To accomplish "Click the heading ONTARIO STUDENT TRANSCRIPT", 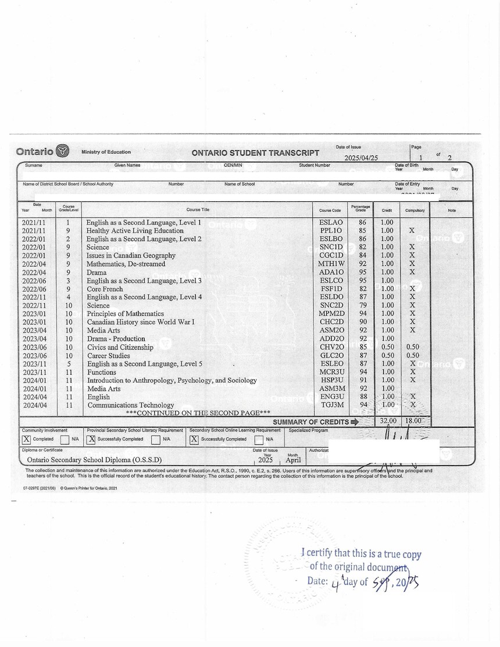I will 255,153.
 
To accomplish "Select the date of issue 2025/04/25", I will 361,158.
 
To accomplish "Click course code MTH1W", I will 331,264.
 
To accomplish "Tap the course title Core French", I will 105,289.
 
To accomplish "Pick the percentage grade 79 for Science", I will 363,305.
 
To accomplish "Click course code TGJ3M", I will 331,405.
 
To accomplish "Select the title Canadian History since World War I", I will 140,322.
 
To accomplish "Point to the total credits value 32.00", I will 388,421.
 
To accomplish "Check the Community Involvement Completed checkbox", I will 26,439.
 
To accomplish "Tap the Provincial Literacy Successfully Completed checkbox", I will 91,439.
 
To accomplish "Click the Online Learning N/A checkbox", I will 259,439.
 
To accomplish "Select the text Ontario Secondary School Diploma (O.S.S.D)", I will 94,460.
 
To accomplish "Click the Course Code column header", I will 330,210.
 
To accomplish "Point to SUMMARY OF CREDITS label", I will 310,421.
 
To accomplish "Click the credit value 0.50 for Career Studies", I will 387,355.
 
